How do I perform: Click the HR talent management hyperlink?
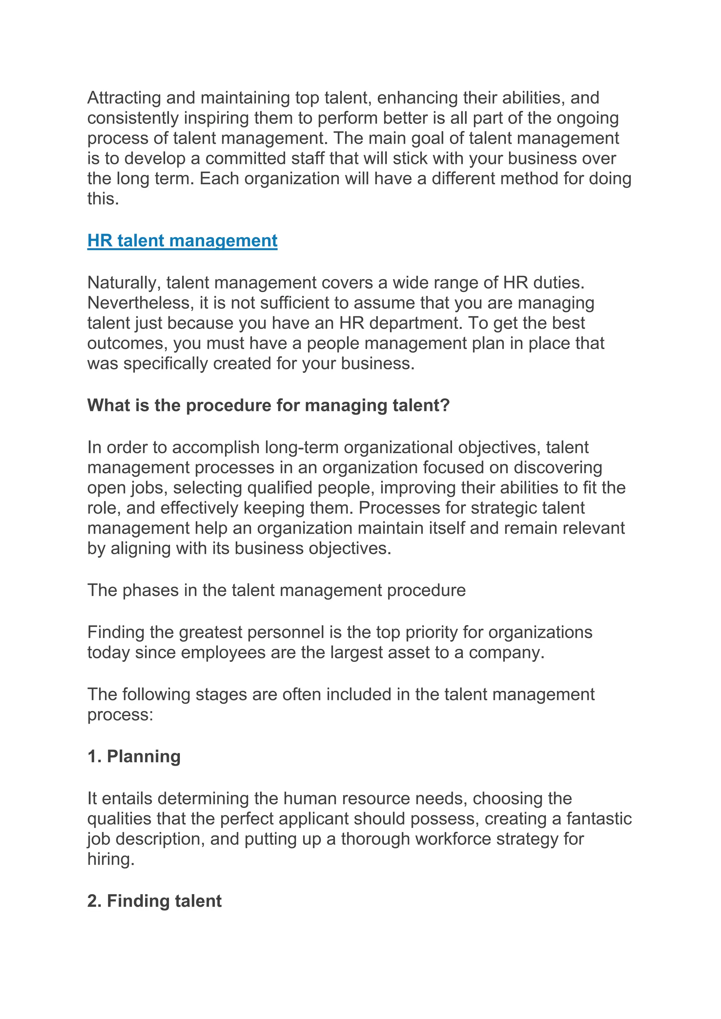(182, 241)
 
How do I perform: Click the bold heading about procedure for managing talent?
(269, 405)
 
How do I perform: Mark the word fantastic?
(599, 819)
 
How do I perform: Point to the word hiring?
(111, 859)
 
